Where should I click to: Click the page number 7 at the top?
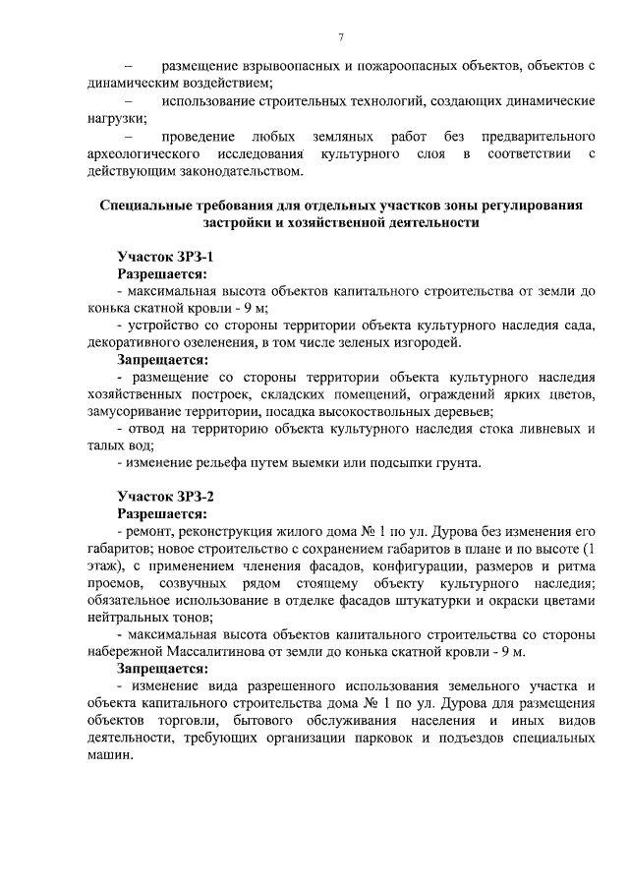click(x=340, y=37)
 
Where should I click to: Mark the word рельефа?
click(x=211, y=462)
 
